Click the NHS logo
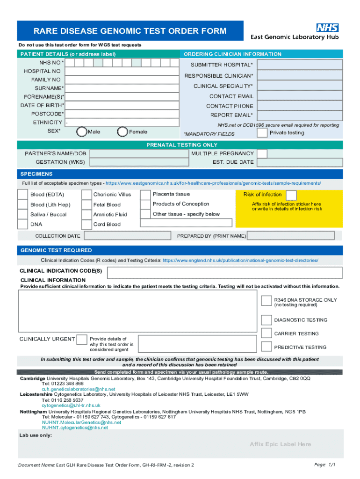point(328,27)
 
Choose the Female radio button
point(122,132)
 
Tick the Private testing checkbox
point(262,133)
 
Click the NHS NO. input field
point(122,62)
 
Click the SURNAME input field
point(122,88)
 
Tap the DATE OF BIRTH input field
point(122,105)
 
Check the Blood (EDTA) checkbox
point(22,195)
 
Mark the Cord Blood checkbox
point(86,225)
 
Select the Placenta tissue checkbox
point(145,194)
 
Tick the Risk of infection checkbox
point(291,195)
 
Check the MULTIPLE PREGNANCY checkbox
point(262,153)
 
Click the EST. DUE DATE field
point(300,162)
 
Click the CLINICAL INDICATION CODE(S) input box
point(224,272)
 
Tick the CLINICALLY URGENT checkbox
point(82,339)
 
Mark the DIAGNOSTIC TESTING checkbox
point(266,320)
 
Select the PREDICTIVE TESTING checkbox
point(266,347)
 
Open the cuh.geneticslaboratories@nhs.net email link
point(78,389)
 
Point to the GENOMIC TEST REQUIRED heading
point(56,250)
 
